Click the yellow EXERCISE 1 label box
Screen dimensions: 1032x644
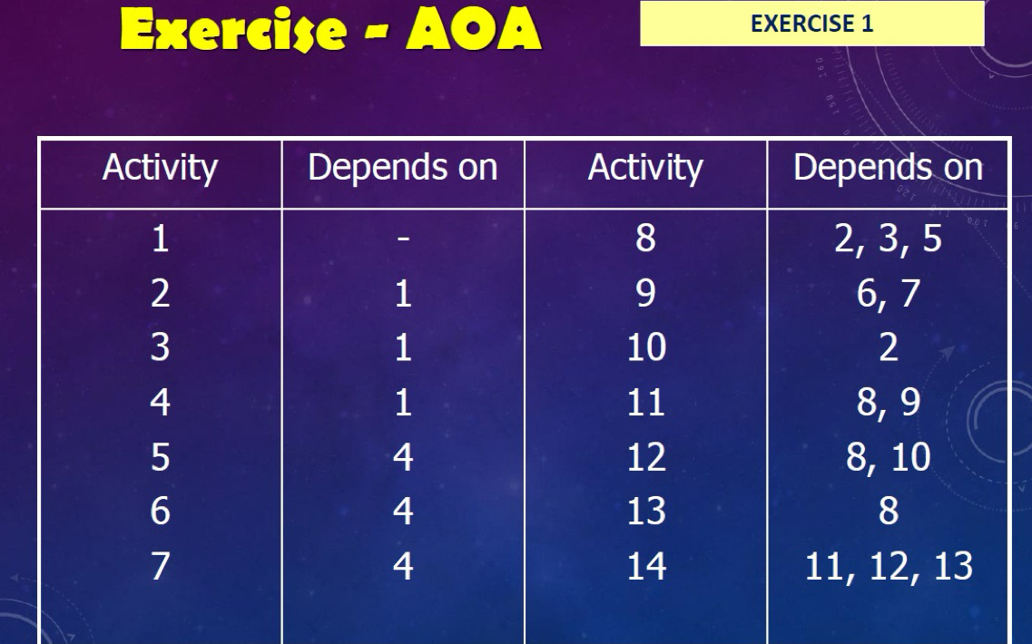point(812,24)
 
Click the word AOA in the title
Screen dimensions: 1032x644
point(474,29)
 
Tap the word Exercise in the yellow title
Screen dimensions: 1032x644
point(233,30)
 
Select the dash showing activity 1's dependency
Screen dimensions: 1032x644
point(404,239)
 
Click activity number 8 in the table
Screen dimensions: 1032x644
point(645,238)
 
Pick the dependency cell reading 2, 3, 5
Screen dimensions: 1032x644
point(888,239)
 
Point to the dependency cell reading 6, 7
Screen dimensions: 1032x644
point(888,293)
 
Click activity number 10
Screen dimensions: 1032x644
point(645,346)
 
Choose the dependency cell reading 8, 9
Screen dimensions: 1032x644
point(888,402)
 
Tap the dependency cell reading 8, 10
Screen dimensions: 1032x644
point(888,456)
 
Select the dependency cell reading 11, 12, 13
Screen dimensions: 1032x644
point(889,566)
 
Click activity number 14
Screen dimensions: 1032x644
point(646,566)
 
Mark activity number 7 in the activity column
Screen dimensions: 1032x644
point(160,566)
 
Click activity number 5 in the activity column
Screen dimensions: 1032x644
point(160,456)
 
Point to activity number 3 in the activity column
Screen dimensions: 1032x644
point(160,346)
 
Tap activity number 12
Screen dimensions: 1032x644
point(646,456)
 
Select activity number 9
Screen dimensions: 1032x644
point(645,293)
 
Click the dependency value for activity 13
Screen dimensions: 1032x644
point(889,512)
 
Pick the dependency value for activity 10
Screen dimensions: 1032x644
point(889,346)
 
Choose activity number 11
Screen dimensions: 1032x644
point(645,402)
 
